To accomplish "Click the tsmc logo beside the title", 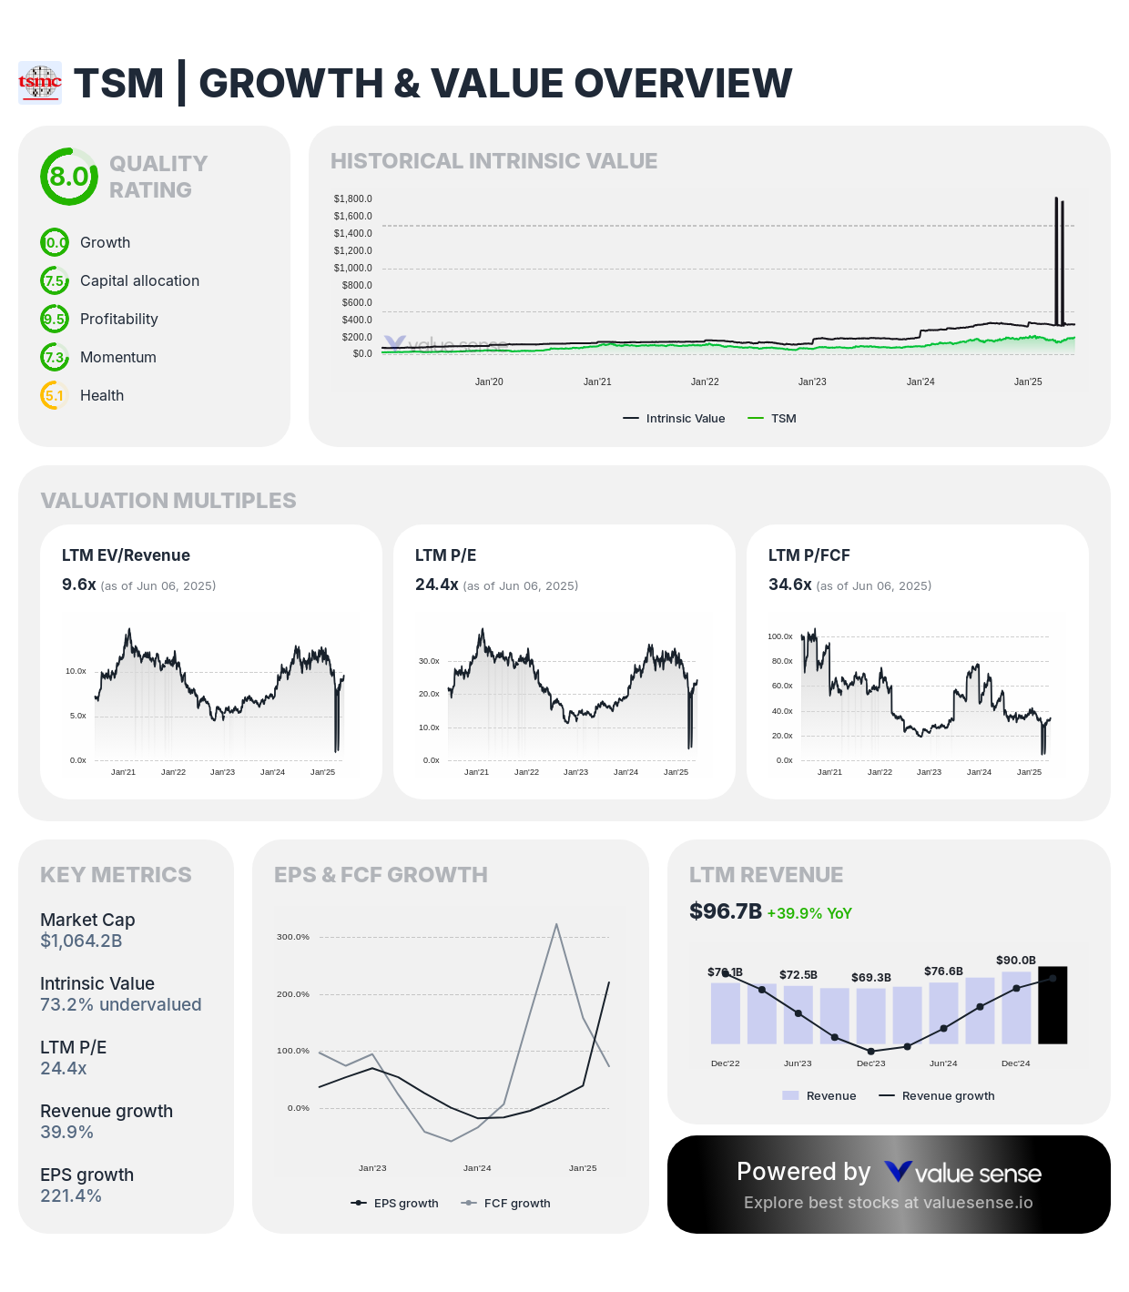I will [x=40, y=83].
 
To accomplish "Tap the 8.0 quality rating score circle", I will [x=69, y=177].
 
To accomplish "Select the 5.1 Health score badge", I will [x=55, y=395].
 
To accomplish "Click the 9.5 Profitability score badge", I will [x=55, y=319].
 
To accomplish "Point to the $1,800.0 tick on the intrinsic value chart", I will [x=352, y=198].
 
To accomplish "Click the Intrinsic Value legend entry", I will [x=675, y=419].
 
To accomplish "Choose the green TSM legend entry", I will [x=772, y=419].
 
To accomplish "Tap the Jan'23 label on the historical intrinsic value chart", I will [x=812, y=381].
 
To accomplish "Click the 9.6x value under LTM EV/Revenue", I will [x=79, y=585].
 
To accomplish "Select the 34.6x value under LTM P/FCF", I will [x=789, y=585].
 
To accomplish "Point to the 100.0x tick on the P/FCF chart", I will [x=780, y=636].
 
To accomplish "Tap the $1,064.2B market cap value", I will [x=81, y=941].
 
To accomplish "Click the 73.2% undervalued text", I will [x=120, y=1004].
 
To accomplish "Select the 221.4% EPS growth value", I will [x=71, y=1195].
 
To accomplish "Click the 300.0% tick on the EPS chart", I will [x=293, y=937].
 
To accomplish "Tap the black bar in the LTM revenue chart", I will [x=1053, y=1005].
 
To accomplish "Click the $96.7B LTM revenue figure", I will [x=726, y=911].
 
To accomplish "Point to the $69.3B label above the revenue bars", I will [x=871, y=978].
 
